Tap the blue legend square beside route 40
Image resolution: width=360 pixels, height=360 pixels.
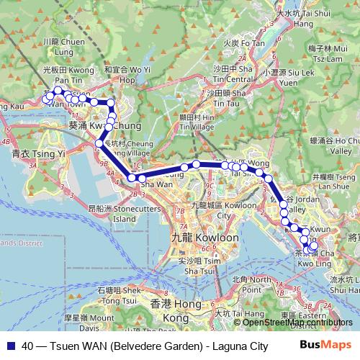(10, 345)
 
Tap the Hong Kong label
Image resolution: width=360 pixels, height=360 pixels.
(165, 311)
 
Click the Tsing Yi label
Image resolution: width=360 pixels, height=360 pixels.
(30, 153)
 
